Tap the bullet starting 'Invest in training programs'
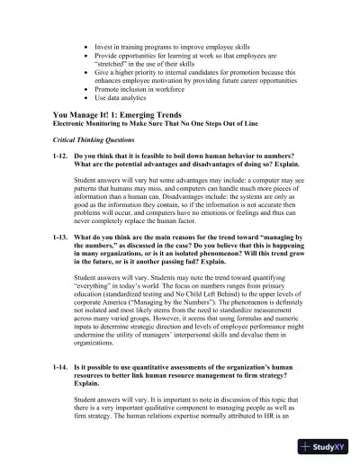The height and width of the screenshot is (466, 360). point(171,44)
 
